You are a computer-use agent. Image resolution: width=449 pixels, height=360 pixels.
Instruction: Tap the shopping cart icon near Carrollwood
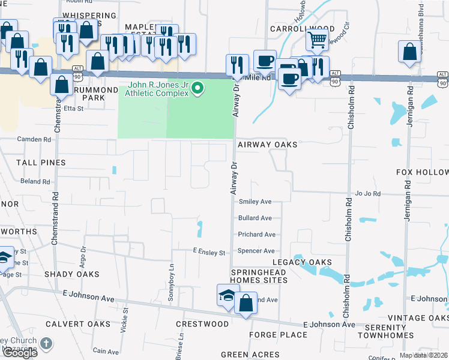coord(317,40)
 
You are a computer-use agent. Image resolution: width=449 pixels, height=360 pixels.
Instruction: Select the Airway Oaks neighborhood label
coord(267,145)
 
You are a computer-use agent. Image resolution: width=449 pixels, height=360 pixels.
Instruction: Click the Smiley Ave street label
coord(255,202)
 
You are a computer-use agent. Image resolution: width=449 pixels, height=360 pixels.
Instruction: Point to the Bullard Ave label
coord(255,218)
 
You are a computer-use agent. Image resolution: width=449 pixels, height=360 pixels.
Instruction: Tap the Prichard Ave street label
coord(256,235)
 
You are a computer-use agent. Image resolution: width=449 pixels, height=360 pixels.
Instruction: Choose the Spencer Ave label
coord(256,251)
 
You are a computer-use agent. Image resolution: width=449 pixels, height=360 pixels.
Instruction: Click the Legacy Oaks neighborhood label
coord(302,262)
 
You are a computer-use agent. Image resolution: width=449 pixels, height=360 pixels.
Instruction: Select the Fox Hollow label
coord(423,172)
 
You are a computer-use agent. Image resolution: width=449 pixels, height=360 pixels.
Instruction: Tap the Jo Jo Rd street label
coord(369,194)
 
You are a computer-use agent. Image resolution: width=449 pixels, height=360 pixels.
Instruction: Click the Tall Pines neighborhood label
coord(41,163)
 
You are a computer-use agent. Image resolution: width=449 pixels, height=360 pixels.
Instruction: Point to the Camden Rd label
coord(34,139)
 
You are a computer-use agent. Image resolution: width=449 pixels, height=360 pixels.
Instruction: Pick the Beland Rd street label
coord(35,181)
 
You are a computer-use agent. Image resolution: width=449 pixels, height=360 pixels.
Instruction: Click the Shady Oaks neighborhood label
coord(71,274)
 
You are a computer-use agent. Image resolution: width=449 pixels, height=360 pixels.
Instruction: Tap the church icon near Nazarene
coord(46,344)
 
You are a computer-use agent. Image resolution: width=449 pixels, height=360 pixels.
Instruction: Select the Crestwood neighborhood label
coord(202,324)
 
